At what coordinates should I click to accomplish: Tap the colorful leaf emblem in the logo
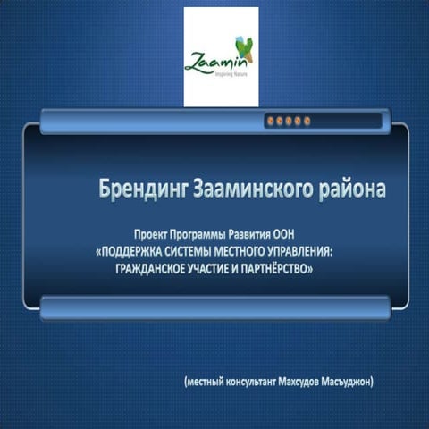pyautogui.click(x=240, y=50)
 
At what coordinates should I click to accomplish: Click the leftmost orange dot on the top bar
pyautogui.click(x=271, y=120)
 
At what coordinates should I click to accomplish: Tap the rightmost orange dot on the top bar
pyautogui.click(x=307, y=120)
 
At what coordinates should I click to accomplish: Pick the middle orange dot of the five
pyautogui.click(x=289, y=120)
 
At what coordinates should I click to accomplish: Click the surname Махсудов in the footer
pyautogui.click(x=303, y=382)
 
